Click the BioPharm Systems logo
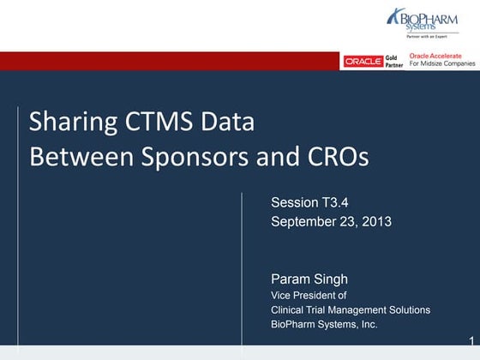432,21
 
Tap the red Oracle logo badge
362,62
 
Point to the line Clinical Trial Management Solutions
350,309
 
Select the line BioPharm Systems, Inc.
324,325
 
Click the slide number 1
471,340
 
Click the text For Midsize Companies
443,65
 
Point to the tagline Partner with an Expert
432,37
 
